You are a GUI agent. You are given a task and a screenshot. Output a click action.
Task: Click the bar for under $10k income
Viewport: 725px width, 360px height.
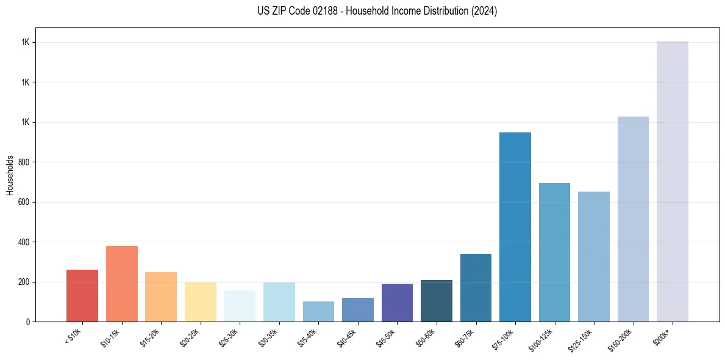(82, 295)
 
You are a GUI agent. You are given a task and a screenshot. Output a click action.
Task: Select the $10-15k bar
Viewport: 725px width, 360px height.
(122, 284)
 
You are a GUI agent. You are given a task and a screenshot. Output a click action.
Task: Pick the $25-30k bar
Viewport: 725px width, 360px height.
(240, 306)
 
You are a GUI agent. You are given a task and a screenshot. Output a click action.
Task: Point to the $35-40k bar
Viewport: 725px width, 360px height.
(318, 311)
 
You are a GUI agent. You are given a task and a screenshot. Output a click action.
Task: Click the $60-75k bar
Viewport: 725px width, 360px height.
(476, 287)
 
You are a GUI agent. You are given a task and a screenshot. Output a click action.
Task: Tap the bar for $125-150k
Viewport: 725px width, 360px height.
(594, 256)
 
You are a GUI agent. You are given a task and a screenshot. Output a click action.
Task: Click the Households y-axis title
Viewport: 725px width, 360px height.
(10, 175)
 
